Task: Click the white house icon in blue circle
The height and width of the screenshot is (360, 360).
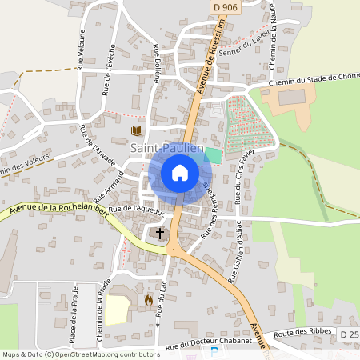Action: click(180, 173)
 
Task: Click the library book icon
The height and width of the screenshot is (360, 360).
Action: click(136, 130)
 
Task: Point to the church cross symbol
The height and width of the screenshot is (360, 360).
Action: click(159, 234)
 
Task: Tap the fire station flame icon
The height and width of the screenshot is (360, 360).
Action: click(148, 300)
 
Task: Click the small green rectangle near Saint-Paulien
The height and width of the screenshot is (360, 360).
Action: click(213, 154)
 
